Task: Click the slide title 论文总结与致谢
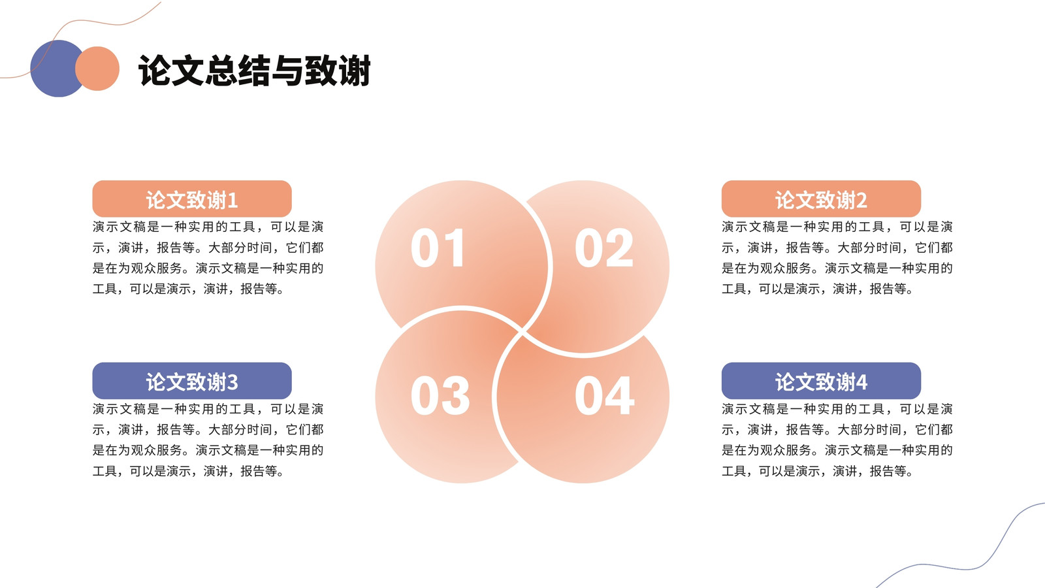click(x=255, y=71)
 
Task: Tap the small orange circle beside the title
click(x=97, y=69)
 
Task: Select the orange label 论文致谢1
click(x=192, y=199)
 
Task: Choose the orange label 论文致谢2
click(x=821, y=199)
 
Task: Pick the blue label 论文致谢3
click(x=192, y=381)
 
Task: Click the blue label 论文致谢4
click(x=821, y=381)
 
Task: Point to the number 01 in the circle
click(x=438, y=248)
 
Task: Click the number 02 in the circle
click(x=604, y=248)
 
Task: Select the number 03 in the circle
click(x=440, y=396)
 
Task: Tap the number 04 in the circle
click(x=605, y=396)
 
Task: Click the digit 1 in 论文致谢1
click(x=233, y=201)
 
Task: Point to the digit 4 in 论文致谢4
click(x=861, y=383)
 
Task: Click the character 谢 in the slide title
click(x=355, y=71)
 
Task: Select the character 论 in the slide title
click(x=154, y=71)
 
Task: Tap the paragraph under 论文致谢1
click(x=208, y=257)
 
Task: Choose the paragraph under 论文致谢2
click(x=837, y=257)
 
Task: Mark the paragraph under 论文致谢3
click(x=208, y=440)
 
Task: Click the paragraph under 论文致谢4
click(x=837, y=440)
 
